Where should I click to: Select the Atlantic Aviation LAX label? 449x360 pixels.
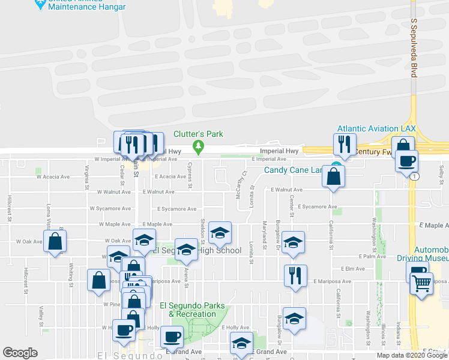coord(376,128)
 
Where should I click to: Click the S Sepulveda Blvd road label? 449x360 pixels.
coord(414,48)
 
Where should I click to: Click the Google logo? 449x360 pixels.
coord(20,353)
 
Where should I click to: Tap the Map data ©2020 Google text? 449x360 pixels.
coord(411,355)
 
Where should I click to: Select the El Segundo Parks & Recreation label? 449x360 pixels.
coord(191,309)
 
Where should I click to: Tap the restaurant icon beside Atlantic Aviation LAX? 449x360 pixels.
coord(344,143)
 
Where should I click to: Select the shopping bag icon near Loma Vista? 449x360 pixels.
coord(55,242)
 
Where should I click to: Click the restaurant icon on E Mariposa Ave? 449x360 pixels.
coord(295,276)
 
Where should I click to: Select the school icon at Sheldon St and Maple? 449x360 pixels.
coord(220,233)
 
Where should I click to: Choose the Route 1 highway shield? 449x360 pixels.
coord(414,177)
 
